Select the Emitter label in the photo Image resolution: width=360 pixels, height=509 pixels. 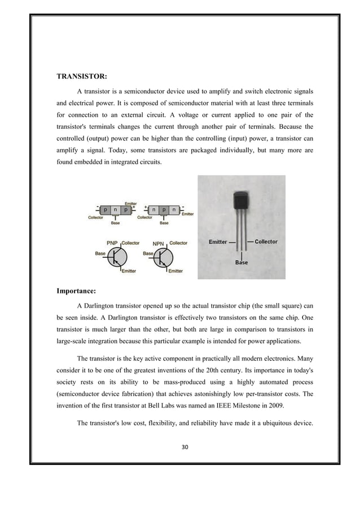tap(218, 242)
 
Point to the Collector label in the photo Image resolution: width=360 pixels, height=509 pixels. tap(266, 242)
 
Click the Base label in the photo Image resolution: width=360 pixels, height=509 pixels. tap(241, 262)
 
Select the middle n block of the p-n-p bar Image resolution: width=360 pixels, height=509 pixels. tap(115, 210)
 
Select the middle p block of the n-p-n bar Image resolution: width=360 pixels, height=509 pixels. tap(164, 210)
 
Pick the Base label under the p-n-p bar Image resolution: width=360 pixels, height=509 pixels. tap(115, 223)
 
